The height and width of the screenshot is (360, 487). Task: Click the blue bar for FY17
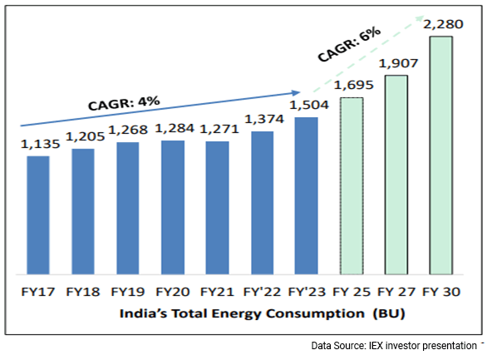pos(38,215)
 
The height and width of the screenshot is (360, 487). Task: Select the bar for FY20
pos(173,207)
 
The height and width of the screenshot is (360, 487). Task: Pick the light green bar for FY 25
pos(352,185)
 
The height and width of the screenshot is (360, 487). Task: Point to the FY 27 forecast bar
pos(396,175)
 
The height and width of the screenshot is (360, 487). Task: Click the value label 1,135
pos(37,145)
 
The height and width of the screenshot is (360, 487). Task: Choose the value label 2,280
pos(441,25)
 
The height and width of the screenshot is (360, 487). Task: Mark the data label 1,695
pos(352,86)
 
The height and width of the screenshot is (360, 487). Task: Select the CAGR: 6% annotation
pos(348,46)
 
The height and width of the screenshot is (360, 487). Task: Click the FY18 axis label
pos(82,293)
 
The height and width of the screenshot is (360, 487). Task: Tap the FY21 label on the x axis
pos(217,293)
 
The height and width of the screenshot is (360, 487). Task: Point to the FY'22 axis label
pos(262,293)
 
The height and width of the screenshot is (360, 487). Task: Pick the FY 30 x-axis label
pos(441,293)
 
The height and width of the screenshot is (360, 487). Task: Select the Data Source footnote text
pos(391,344)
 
